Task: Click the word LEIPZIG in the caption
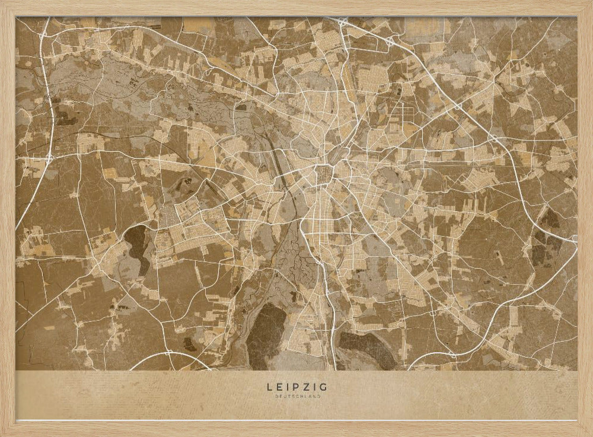296,387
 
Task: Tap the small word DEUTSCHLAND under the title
296,396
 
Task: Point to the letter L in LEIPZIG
270,387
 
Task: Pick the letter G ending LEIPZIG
323,387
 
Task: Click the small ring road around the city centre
324,175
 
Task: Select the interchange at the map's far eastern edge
573,239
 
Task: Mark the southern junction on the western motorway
49,158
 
